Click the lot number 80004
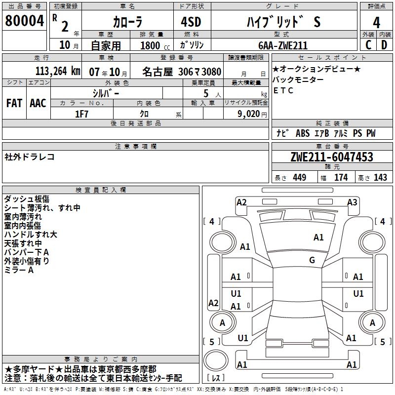pyautogui.click(x=24, y=21)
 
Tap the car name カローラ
pyautogui.click(x=127, y=22)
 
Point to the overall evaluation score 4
pyautogui.click(x=376, y=22)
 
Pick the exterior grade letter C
pyautogui.click(x=368, y=45)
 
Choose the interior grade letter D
pyautogui.click(x=384, y=45)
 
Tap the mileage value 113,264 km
pyautogui.click(x=57, y=71)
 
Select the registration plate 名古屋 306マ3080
pyautogui.click(x=182, y=71)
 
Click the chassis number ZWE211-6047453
pyautogui.click(x=332, y=158)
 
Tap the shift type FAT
pyautogui.click(x=14, y=103)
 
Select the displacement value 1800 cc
pyautogui.click(x=151, y=45)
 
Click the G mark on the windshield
pyautogui.click(x=312, y=260)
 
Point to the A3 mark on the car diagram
pyautogui.click(x=352, y=202)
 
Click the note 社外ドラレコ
pyautogui.click(x=30, y=157)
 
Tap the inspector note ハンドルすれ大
pyautogui.click(x=30, y=235)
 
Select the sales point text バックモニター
pyautogui.click(x=298, y=79)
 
